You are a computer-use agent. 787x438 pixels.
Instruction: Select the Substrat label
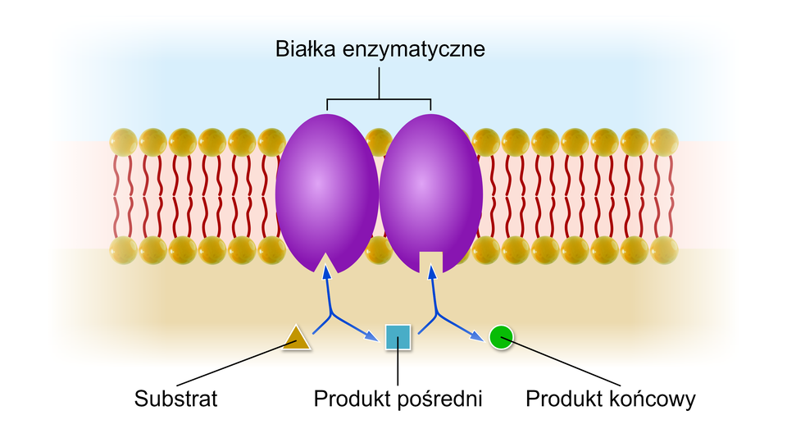tap(176, 399)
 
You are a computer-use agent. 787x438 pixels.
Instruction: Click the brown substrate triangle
tap(296, 337)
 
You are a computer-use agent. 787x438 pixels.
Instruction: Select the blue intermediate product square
tap(398, 337)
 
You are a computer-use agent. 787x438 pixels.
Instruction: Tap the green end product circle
tap(501, 336)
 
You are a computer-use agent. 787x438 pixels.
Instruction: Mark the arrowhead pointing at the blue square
tap(373, 335)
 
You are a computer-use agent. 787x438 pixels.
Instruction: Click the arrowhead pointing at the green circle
tap(478, 333)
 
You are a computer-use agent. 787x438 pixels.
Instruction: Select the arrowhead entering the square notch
tap(431, 274)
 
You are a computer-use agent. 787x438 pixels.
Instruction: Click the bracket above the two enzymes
tap(380, 99)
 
